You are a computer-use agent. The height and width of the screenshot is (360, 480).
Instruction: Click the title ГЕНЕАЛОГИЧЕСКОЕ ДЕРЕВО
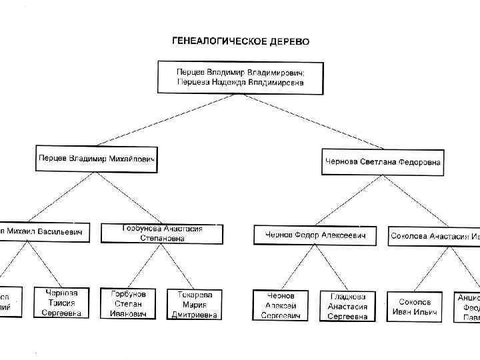(241, 41)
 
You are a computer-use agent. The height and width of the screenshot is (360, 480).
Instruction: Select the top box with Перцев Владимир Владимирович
(240, 77)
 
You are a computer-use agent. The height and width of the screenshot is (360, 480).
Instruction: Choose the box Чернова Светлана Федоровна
(383, 161)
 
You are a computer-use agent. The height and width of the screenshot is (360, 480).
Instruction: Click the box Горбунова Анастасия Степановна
(162, 233)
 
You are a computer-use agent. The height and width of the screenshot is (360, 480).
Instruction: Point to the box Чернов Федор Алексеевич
(315, 235)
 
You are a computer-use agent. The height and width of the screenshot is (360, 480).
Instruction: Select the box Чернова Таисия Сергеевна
(62, 303)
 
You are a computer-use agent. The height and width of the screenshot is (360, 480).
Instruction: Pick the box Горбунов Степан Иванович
(128, 304)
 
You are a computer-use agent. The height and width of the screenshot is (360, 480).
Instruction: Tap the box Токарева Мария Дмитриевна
(194, 304)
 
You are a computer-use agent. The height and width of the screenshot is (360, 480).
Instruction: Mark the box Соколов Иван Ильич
(414, 306)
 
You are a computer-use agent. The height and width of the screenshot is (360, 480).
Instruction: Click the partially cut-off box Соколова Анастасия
(433, 236)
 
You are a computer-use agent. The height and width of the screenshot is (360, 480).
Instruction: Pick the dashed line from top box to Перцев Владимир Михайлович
(167, 120)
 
